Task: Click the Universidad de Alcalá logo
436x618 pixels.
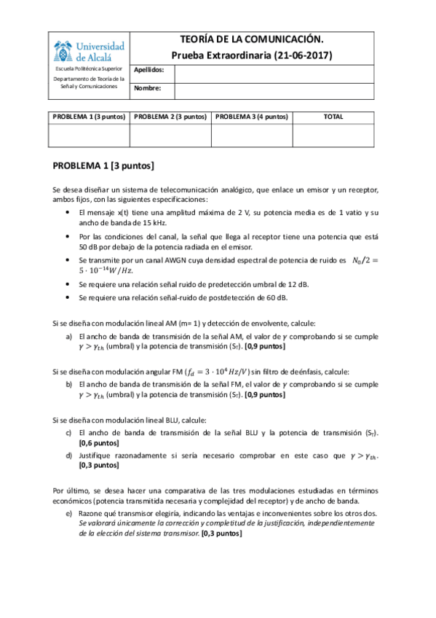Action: (x=89, y=50)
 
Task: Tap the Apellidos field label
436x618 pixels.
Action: (x=150, y=71)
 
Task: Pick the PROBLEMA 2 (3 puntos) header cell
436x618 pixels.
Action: (x=170, y=117)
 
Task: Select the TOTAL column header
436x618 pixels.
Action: (x=333, y=117)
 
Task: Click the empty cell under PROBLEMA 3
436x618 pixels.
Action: (x=252, y=136)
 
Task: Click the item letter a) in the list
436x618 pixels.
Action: (x=68, y=336)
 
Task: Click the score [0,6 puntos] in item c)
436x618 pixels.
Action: (x=99, y=442)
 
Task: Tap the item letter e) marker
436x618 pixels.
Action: (x=68, y=513)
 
